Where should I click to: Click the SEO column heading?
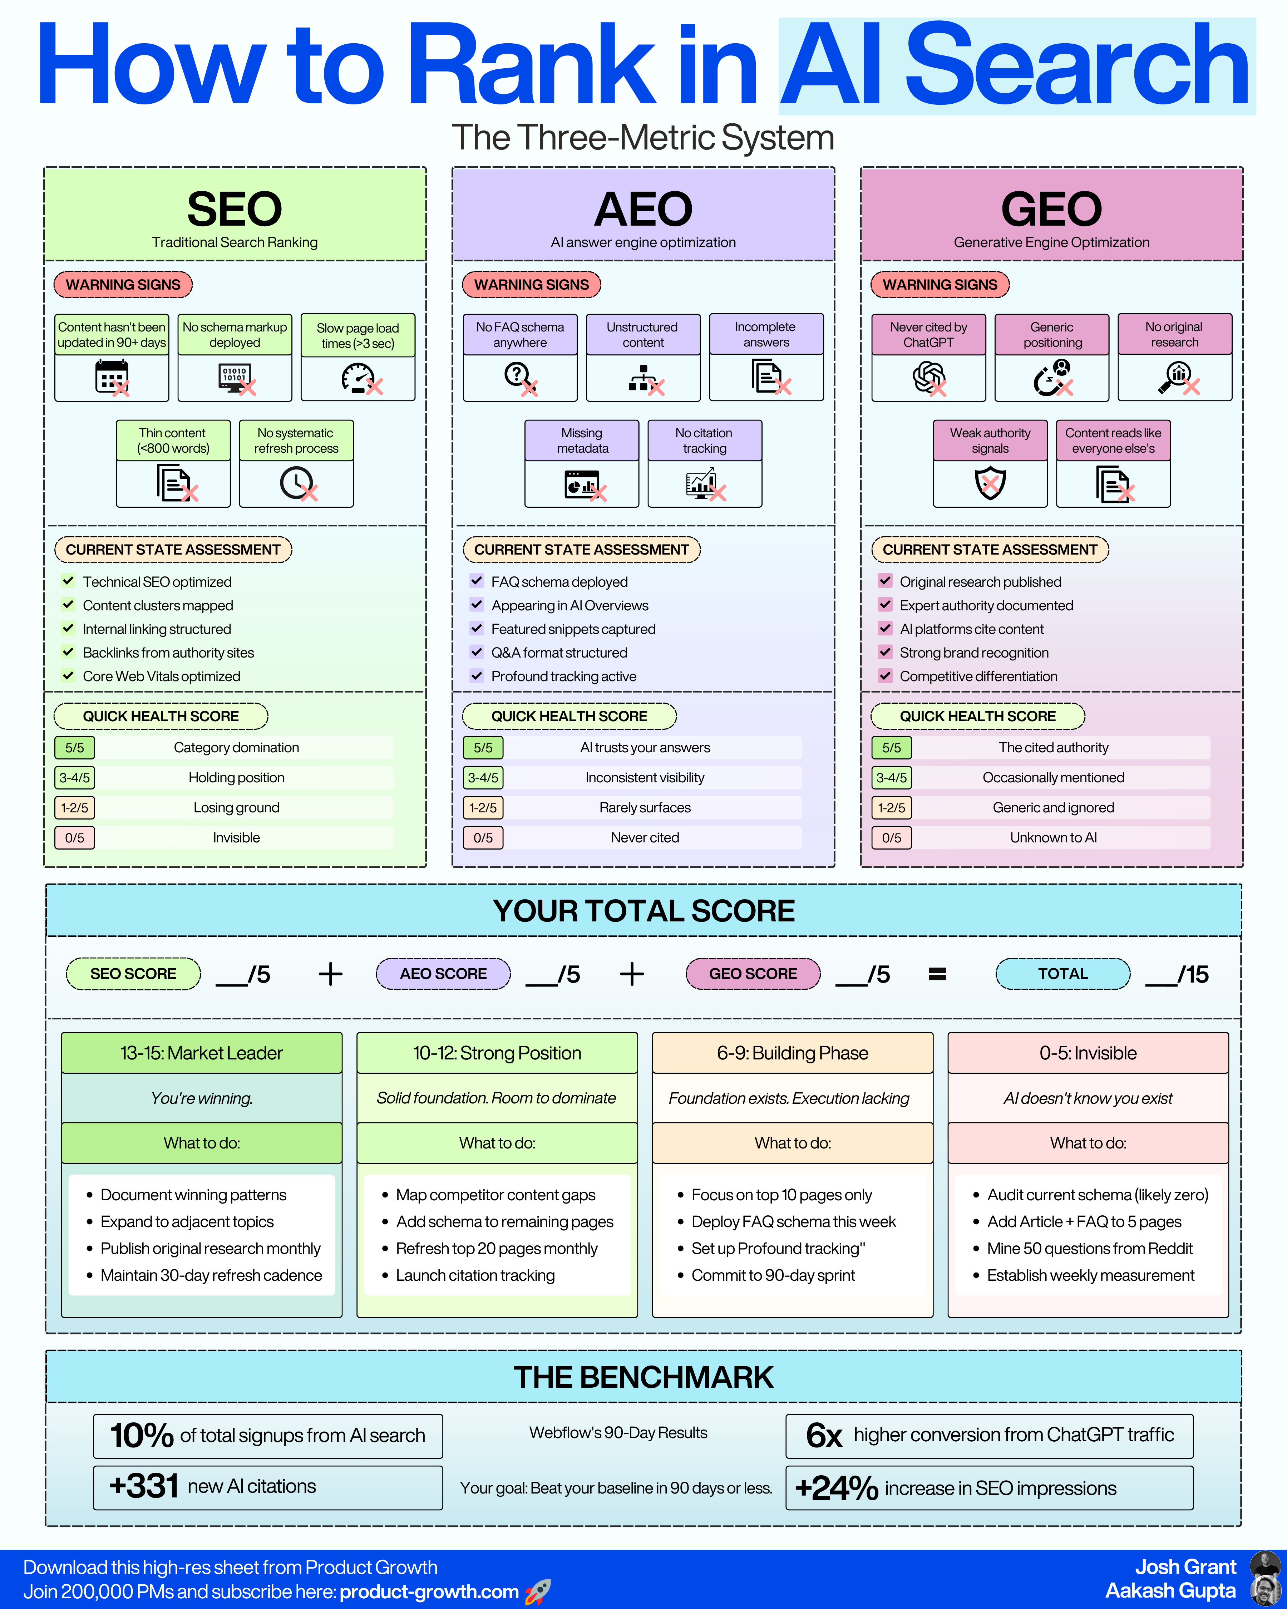point(234,209)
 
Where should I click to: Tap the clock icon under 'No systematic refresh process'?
point(296,483)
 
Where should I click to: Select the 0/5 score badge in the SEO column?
point(75,837)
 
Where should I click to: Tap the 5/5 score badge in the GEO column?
point(892,747)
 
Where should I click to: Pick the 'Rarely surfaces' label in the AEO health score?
point(645,807)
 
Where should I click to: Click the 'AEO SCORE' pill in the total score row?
point(443,974)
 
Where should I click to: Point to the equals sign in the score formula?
point(937,974)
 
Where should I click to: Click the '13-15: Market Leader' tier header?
point(201,1053)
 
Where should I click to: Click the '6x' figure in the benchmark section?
point(824,1435)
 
